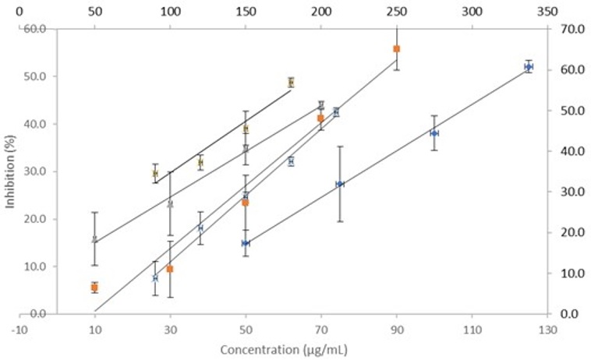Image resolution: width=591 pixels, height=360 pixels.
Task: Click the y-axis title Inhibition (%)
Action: (11, 171)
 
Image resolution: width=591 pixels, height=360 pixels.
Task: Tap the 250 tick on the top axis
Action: (396, 12)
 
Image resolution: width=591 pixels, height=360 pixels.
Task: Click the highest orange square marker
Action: (396, 49)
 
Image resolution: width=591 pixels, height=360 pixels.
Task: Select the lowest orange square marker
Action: (94, 288)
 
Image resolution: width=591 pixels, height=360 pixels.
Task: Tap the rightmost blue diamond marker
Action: (529, 67)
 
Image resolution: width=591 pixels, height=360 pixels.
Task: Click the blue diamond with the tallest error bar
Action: (340, 184)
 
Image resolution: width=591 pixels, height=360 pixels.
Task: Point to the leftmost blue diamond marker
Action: (246, 243)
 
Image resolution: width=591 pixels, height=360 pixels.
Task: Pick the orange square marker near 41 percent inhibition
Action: (320, 118)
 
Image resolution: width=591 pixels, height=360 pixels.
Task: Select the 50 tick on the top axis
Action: (94, 12)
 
